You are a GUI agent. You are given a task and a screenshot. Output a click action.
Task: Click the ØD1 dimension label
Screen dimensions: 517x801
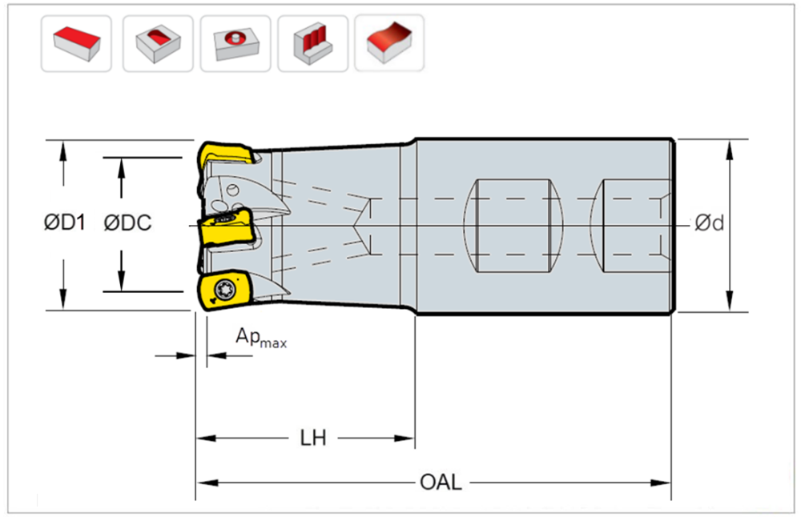click(63, 223)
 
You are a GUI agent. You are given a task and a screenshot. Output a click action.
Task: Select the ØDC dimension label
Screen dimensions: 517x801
click(127, 223)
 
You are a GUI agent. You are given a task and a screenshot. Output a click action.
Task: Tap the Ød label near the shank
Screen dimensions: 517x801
click(710, 223)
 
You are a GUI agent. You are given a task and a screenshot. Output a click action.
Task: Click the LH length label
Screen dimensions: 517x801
click(312, 439)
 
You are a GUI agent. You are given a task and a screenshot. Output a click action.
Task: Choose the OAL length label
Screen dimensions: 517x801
click(440, 483)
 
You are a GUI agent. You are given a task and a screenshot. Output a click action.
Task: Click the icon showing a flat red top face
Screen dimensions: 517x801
click(76, 43)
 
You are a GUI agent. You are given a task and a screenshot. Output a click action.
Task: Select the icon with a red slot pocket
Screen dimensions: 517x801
click(157, 43)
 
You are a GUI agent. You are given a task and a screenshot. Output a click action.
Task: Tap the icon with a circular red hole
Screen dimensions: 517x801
click(235, 43)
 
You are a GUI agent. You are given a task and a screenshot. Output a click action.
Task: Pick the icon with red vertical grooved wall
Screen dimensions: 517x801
click(312, 43)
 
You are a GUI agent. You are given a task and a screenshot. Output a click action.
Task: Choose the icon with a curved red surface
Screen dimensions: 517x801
click(389, 43)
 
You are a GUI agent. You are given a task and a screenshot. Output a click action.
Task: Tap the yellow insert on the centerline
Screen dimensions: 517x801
click(225, 229)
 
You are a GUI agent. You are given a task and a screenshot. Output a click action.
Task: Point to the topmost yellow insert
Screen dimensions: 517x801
click(227, 153)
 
